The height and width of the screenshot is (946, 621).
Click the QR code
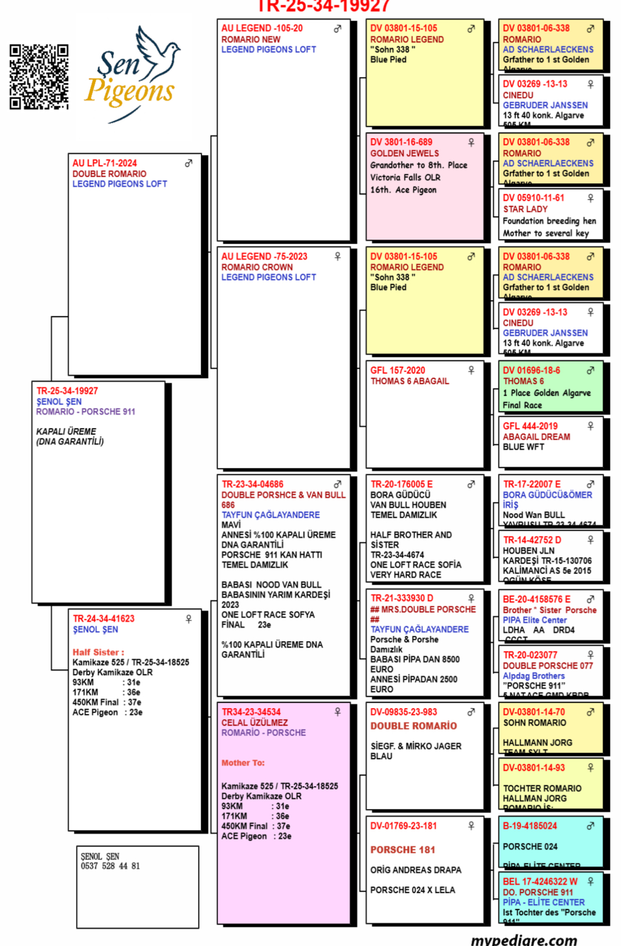pos(39,77)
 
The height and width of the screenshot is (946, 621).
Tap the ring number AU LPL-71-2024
pos(105,163)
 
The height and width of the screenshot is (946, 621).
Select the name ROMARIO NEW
pos(251,39)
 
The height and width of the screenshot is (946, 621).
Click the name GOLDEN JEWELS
pos(404,153)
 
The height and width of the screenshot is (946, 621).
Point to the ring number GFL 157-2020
pos(398,370)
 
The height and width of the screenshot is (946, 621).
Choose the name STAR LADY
pos(525,209)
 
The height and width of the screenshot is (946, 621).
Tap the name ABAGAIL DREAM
pos(536,437)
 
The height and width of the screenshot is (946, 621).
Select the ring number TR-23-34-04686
pos(252,484)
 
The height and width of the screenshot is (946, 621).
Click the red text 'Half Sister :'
pos(98,652)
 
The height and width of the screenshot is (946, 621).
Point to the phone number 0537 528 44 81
pos(110,866)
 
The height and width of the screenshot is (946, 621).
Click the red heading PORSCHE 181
pos(402,850)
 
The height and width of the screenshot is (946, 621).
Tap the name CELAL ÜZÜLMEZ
pos(254,722)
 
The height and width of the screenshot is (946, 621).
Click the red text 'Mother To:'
pos(243,763)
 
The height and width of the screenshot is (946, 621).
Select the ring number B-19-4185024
pos(530,826)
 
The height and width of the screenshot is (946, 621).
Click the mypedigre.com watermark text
pos(523,940)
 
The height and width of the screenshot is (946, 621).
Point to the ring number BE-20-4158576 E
pos(537,599)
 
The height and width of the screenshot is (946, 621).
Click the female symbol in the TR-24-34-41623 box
pos(188,619)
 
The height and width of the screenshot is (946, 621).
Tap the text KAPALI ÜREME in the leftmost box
pos(66,431)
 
